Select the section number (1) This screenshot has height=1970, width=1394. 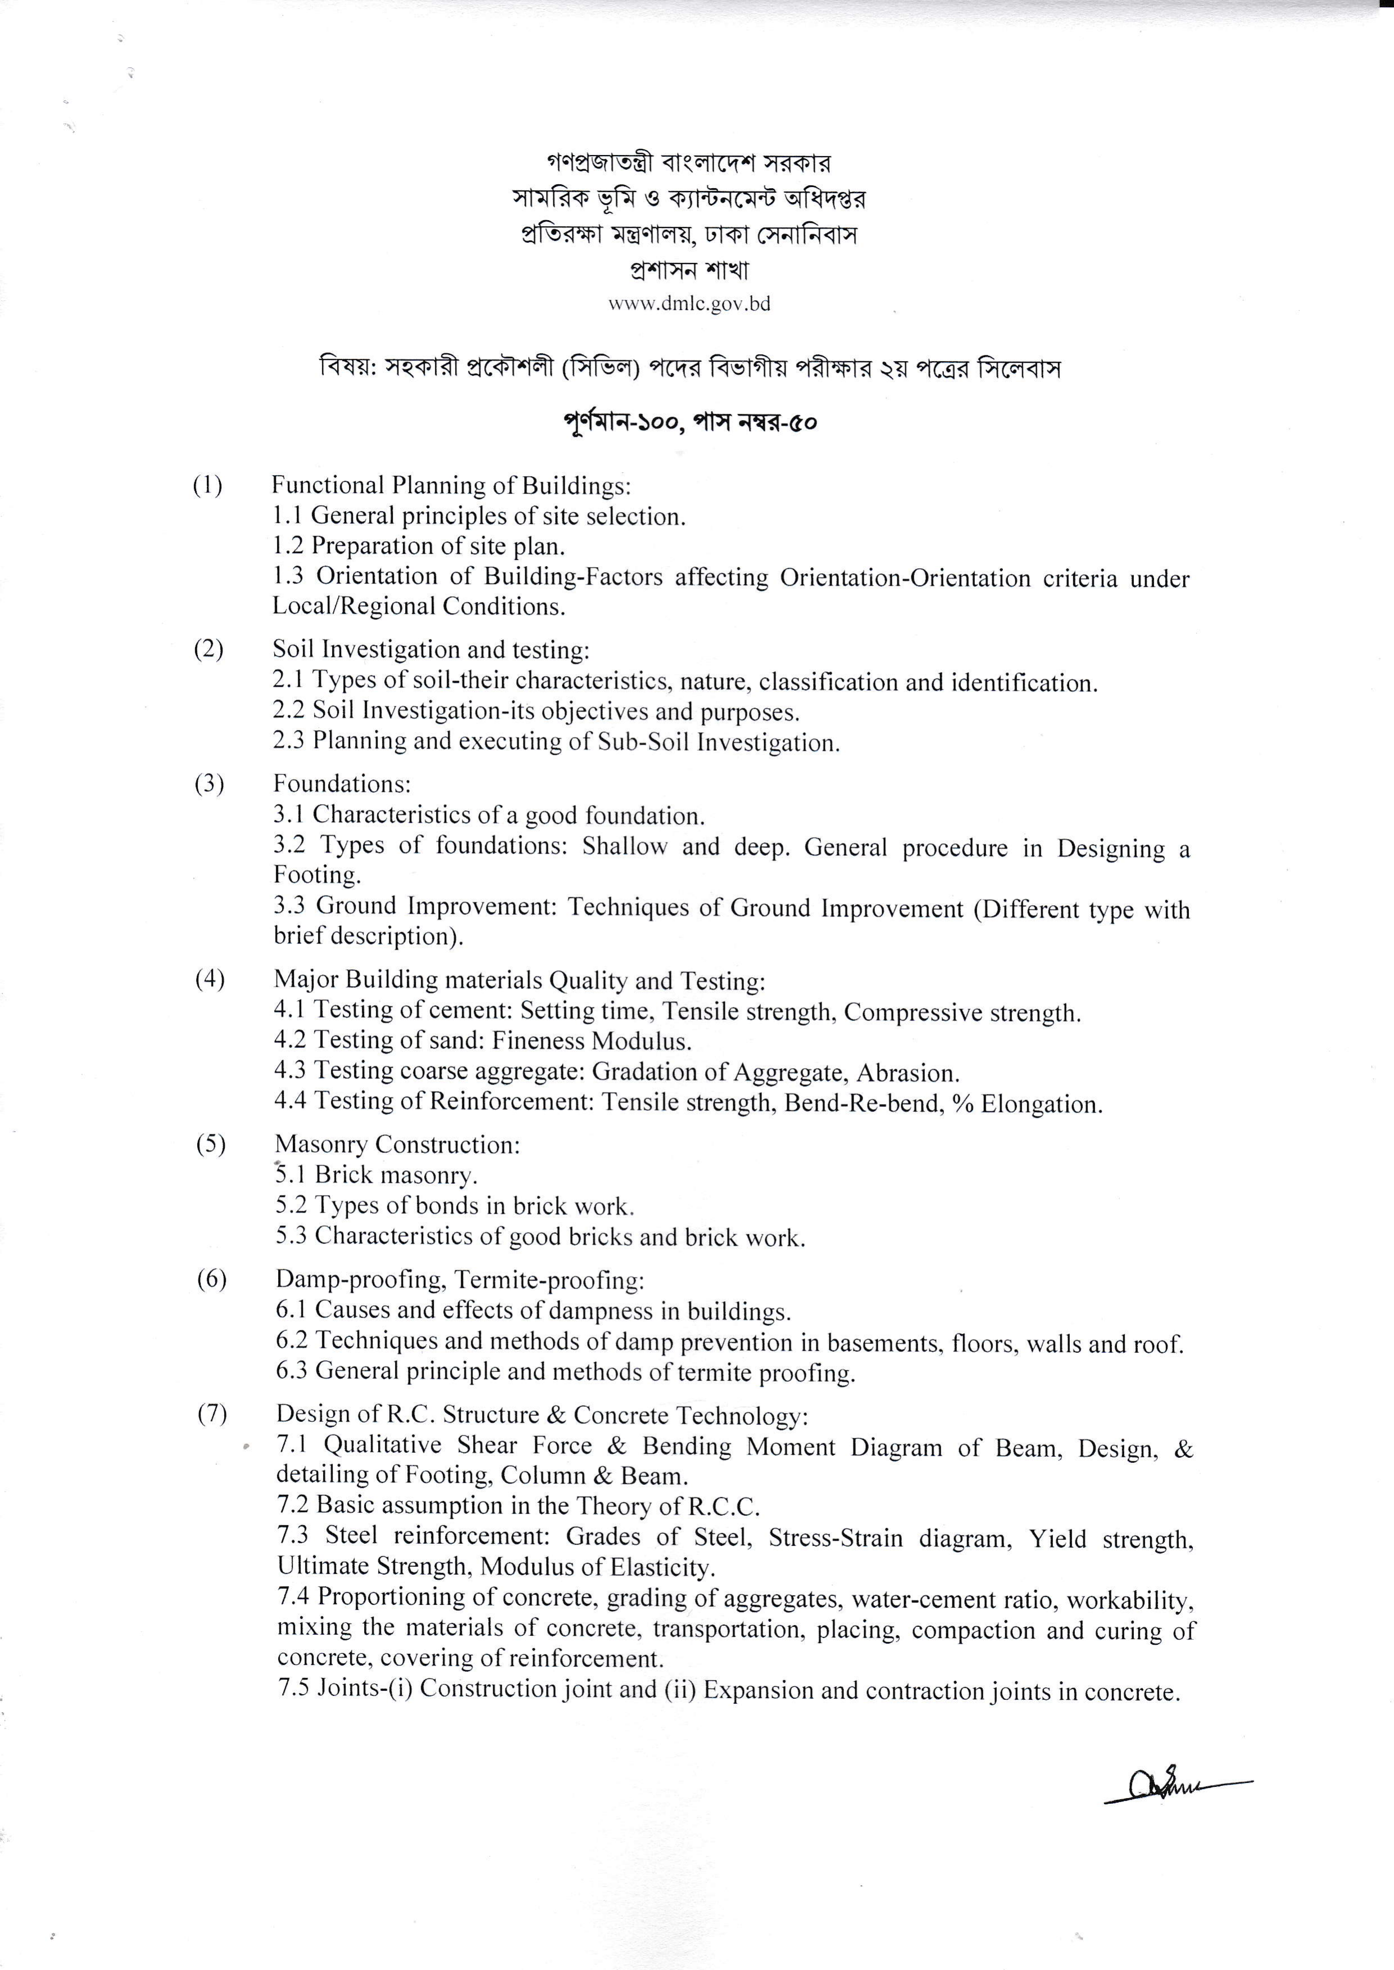(208, 486)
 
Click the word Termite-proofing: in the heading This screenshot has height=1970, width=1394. (550, 1280)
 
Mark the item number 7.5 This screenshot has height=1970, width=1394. (293, 1689)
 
